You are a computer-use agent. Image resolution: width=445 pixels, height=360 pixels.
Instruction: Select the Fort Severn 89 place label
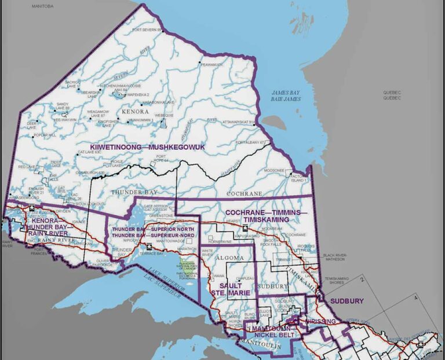pos(145,30)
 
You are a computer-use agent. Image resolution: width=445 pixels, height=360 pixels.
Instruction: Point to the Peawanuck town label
pos(212,65)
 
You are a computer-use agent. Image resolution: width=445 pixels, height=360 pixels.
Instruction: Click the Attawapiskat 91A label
pos(239,122)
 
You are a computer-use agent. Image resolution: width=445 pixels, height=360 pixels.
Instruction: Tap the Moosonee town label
pos(274,171)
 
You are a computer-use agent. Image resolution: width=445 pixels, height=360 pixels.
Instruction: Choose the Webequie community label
pos(165,115)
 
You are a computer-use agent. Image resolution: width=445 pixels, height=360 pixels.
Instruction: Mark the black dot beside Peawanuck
pos(200,63)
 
